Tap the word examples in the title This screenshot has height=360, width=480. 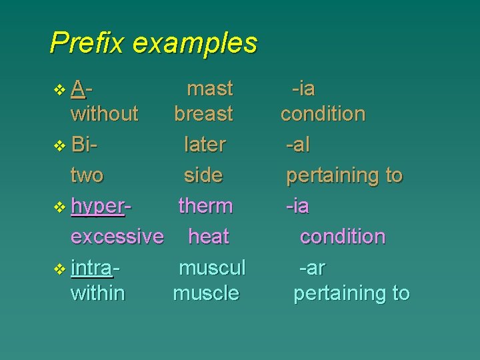click(x=195, y=43)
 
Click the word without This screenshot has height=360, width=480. click(x=104, y=114)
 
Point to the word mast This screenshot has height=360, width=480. click(x=210, y=89)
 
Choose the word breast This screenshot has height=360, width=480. click(x=203, y=114)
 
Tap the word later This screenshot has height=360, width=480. click(x=205, y=145)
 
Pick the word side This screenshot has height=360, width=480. click(x=203, y=175)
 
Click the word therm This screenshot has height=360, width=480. click(x=205, y=206)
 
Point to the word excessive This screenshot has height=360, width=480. click(x=117, y=237)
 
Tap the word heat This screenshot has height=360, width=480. click(x=209, y=237)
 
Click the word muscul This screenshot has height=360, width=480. click(x=212, y=268)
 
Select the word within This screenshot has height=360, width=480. click(x=97, y=293)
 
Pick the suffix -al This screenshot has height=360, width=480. click(x=297, y=145)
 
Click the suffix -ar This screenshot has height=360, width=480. click(x=311, y=268)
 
